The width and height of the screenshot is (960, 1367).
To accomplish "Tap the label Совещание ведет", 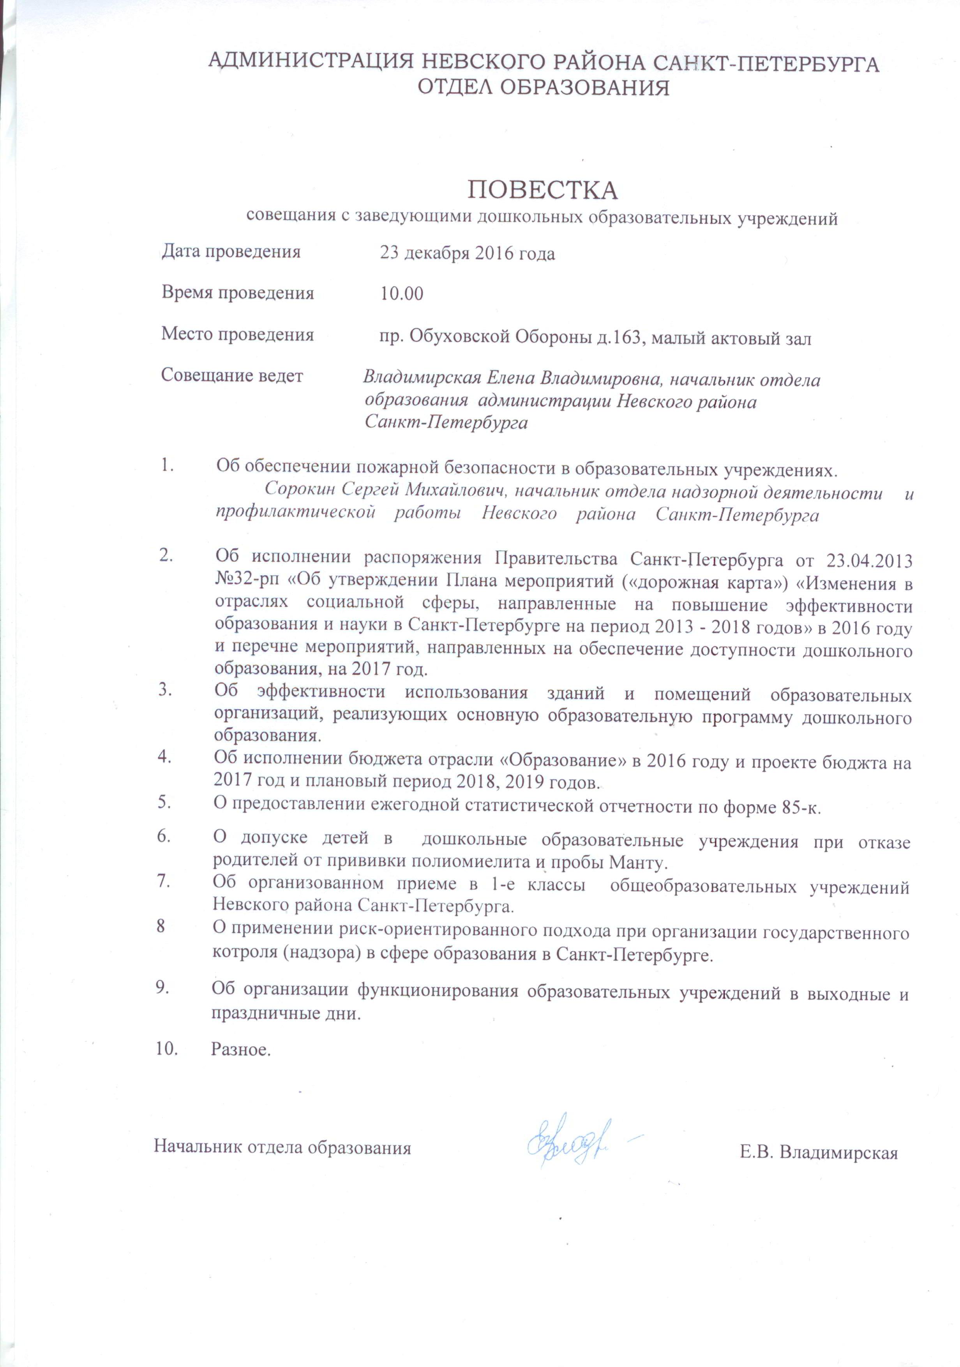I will pos(232,376).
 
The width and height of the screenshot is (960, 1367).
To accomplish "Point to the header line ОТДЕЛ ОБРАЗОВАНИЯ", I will pos(542,88).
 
